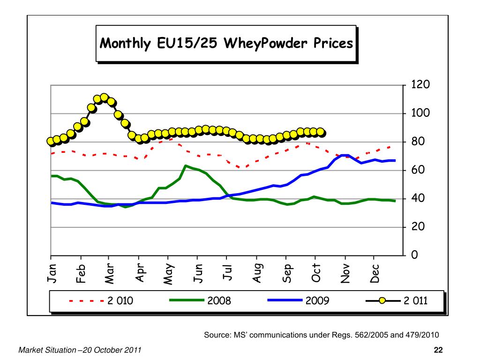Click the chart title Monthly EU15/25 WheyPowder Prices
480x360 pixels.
tap(226, 44)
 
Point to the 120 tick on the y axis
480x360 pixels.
tap(420, 85)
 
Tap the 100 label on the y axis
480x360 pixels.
tap(420, 113)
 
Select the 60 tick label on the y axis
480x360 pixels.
tap(417, 170)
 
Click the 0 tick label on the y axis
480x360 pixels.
tap(414, 255)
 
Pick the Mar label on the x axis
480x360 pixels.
tap(109, 274)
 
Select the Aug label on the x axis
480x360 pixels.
tap(257, 274)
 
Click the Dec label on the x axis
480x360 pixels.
tap(375, 274)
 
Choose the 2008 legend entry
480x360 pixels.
tap(219, 300)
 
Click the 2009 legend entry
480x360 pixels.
tap(317, 300)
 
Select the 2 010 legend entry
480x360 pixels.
tap(120, 300)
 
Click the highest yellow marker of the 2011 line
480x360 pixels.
tap(104, 97)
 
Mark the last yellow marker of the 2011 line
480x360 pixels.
tap(321, 132)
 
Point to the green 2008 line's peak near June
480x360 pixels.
tap(186, 166)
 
